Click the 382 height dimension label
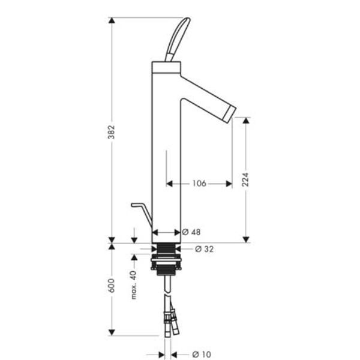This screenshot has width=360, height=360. click(112, 132)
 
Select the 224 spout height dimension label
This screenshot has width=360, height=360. click(245, 179)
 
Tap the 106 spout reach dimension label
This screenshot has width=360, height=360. click(199, 184)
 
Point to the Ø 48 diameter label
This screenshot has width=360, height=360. click(191, 232)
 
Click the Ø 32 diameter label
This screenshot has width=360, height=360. click(204, 249)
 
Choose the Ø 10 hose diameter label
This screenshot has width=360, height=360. click(202, 355)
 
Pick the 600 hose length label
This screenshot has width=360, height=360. click(112, 286)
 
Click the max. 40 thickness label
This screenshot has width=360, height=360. click(134, 285)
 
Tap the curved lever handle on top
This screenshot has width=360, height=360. click(178, 40)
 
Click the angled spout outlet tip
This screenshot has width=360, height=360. click(232, 115)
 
